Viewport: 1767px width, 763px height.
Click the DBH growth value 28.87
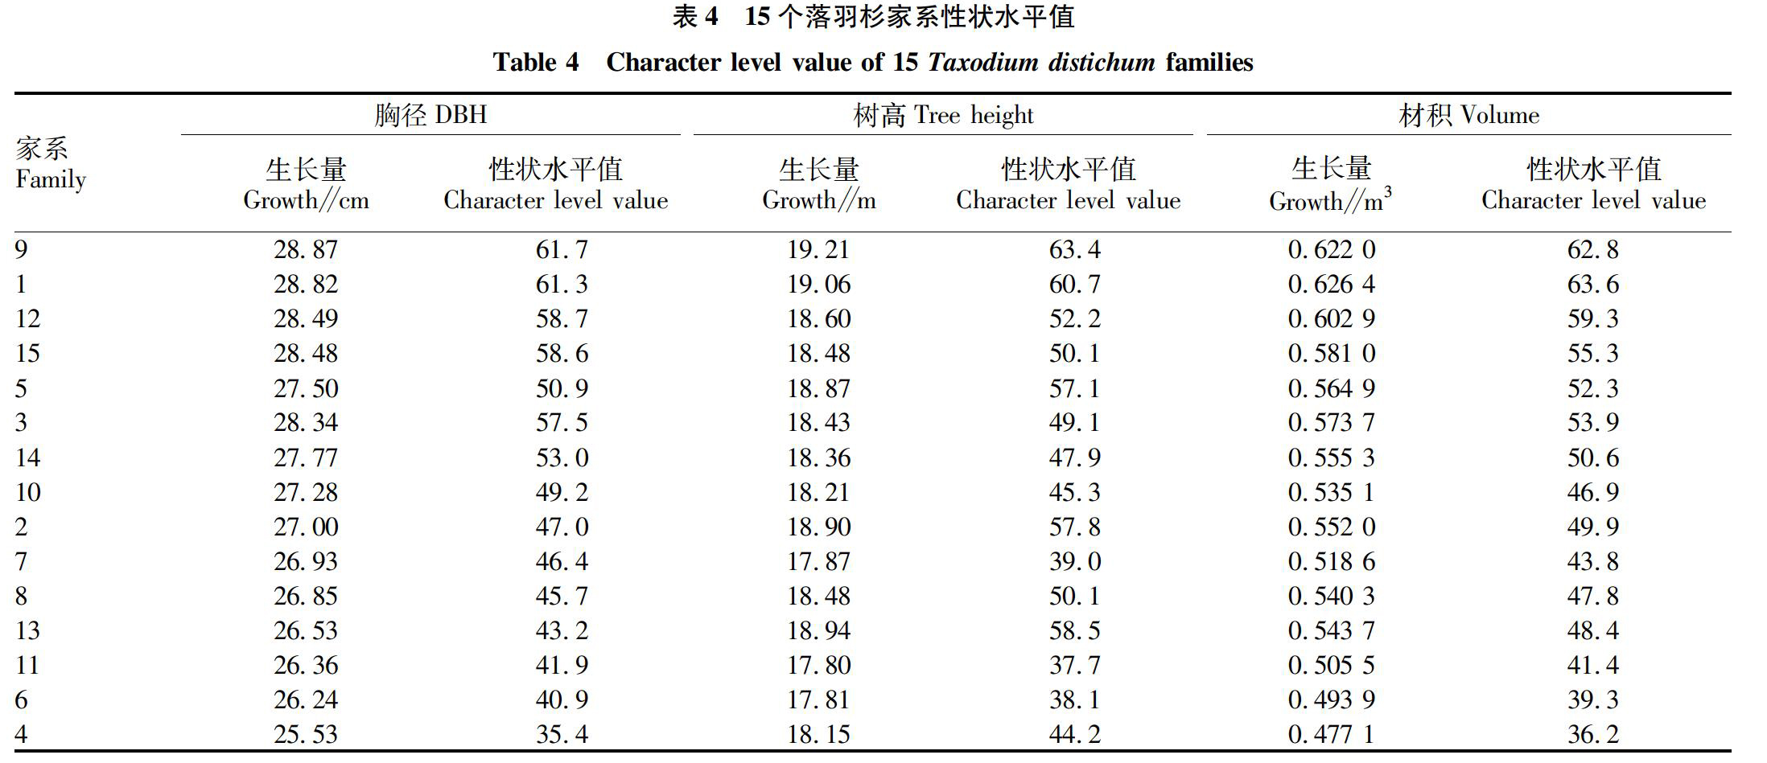coord(306,250)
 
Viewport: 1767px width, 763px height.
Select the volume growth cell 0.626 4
coord(1332,285)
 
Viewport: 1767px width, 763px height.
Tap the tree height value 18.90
coord(818,527)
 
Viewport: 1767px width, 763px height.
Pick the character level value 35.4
coord(562,735)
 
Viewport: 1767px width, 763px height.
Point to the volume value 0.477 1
coord(1332,735)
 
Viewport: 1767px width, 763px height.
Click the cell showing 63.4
coord(1074,250)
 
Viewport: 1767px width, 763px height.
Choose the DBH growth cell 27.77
coord(306,458)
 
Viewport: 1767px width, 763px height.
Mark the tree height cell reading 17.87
coord(818,562)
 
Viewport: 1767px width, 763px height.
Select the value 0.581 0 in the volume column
coord(1332,354)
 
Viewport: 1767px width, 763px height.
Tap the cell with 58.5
coord(1074,631)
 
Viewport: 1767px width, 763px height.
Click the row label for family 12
coord(27,319)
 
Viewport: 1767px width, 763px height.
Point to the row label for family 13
coord(27,631)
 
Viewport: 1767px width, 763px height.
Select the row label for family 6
coord(21,700)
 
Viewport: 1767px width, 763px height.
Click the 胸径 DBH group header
coord(430,115)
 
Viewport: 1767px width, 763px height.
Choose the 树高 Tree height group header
coord(943,116)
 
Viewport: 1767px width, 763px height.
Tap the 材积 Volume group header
coord(1468,116)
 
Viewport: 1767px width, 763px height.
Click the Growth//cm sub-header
coord(306,200)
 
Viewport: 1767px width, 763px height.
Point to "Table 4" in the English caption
coord(536,63)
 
